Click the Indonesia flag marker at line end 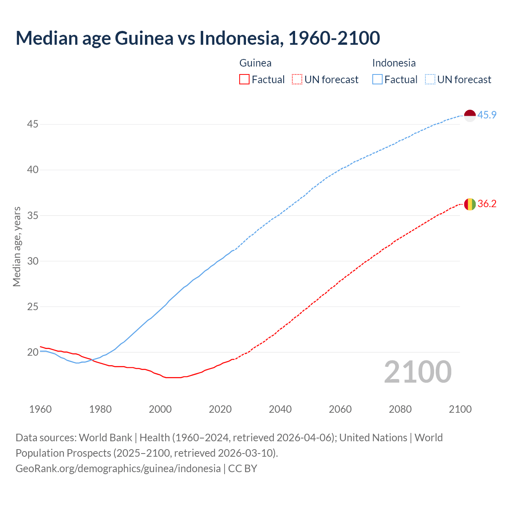pos(470,116)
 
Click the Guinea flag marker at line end pos(470,204)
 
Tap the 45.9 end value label pos(487,115)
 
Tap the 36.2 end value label pos(487,204)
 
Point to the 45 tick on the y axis pos(32,124)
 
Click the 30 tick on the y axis pos(32,261)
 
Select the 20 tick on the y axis pos(32,352)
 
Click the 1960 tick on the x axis pos(40,409)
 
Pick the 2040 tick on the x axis pos(280,409)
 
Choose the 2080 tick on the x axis pos(400,409)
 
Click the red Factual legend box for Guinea pos(244,80)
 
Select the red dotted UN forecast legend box pos(297,80)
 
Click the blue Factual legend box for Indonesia pos(377,80)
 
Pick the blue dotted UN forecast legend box pos(430,80)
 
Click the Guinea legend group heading pos(255,63)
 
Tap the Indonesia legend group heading pos(394,63)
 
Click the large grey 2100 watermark pos(417,372)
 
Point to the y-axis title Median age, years pos(17,246)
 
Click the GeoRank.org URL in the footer pos(118,468)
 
